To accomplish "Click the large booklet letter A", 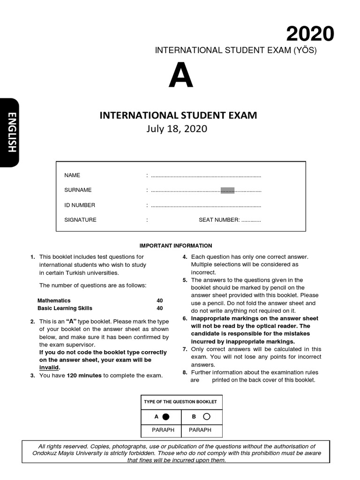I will (x=181, y=76).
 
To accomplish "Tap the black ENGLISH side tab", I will (x=10, y=133).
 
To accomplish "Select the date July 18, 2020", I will (x=178, y=128).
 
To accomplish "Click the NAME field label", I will (x=72, y=175).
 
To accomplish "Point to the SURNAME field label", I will (x=78, y=190).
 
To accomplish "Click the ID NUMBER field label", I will (x=80, y=205).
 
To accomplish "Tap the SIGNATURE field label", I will (x=80, y=220).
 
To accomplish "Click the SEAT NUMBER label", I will (x=219, y=220).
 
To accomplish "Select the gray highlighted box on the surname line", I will (x=227, y=190).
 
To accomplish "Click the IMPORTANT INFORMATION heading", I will (x=176, y=246).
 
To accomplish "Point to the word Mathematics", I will (x=54, y=300).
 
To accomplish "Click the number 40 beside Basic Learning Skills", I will (x=160, y=308).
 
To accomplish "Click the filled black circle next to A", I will (x=165, y=416).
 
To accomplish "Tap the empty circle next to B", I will (x=207, y=416).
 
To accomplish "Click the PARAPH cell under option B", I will (x=200, y=430).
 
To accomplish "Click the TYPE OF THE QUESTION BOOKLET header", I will (x=180, y=402).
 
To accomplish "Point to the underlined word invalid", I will (x=49, y=367).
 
